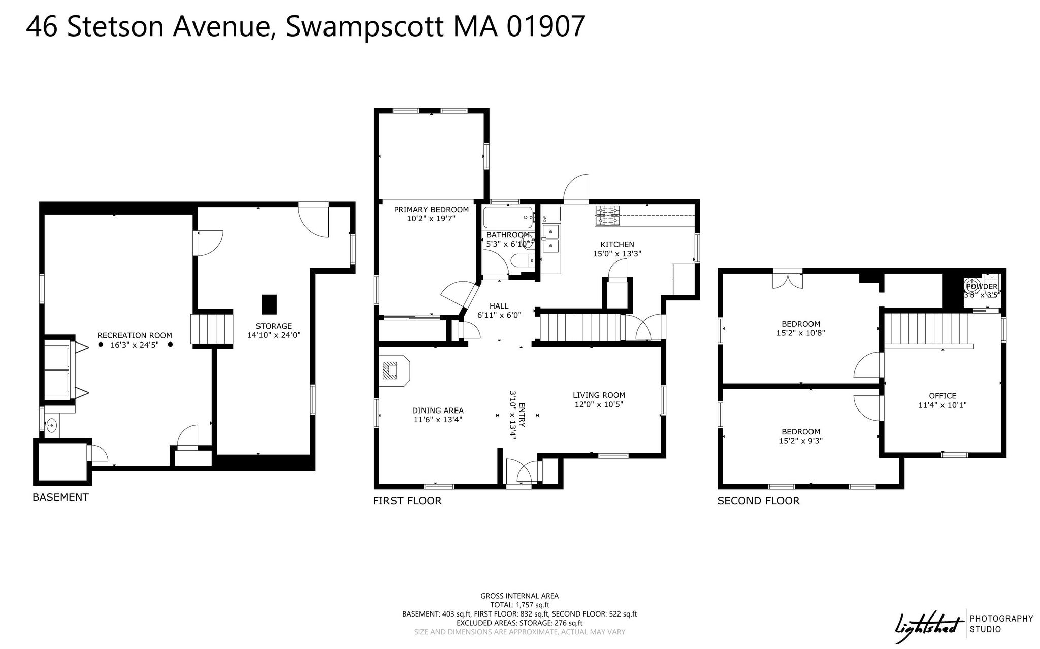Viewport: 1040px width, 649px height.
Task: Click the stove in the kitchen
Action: click(x=608, y=215)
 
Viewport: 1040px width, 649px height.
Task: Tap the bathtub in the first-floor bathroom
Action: click(x=508, y=217)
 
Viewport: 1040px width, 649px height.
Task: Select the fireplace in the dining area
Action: click(x=395, y=371)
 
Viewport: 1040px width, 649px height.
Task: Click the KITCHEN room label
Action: click(x=617, y=244)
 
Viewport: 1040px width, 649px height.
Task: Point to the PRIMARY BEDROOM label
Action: click(x=431, y=210)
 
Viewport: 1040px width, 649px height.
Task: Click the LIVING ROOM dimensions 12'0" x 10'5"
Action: click(x=599, y=404)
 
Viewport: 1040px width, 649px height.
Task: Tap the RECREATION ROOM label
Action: click(x=135, y=335)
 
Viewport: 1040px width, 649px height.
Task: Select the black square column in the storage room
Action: click(x=270, y=304)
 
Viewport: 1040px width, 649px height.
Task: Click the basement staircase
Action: click(x=211, y=328)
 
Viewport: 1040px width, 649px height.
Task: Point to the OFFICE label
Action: click(x=942, y=396)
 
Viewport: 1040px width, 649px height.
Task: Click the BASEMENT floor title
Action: click(x=60, y=497)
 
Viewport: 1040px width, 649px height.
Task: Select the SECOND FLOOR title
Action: click(x=758, y=501)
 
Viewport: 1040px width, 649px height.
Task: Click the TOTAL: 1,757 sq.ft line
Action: click(x=519, y=605)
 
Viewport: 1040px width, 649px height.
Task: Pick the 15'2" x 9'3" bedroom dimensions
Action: click(x=801, y=441)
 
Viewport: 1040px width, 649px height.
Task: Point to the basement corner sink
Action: click(x=51, y=425)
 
